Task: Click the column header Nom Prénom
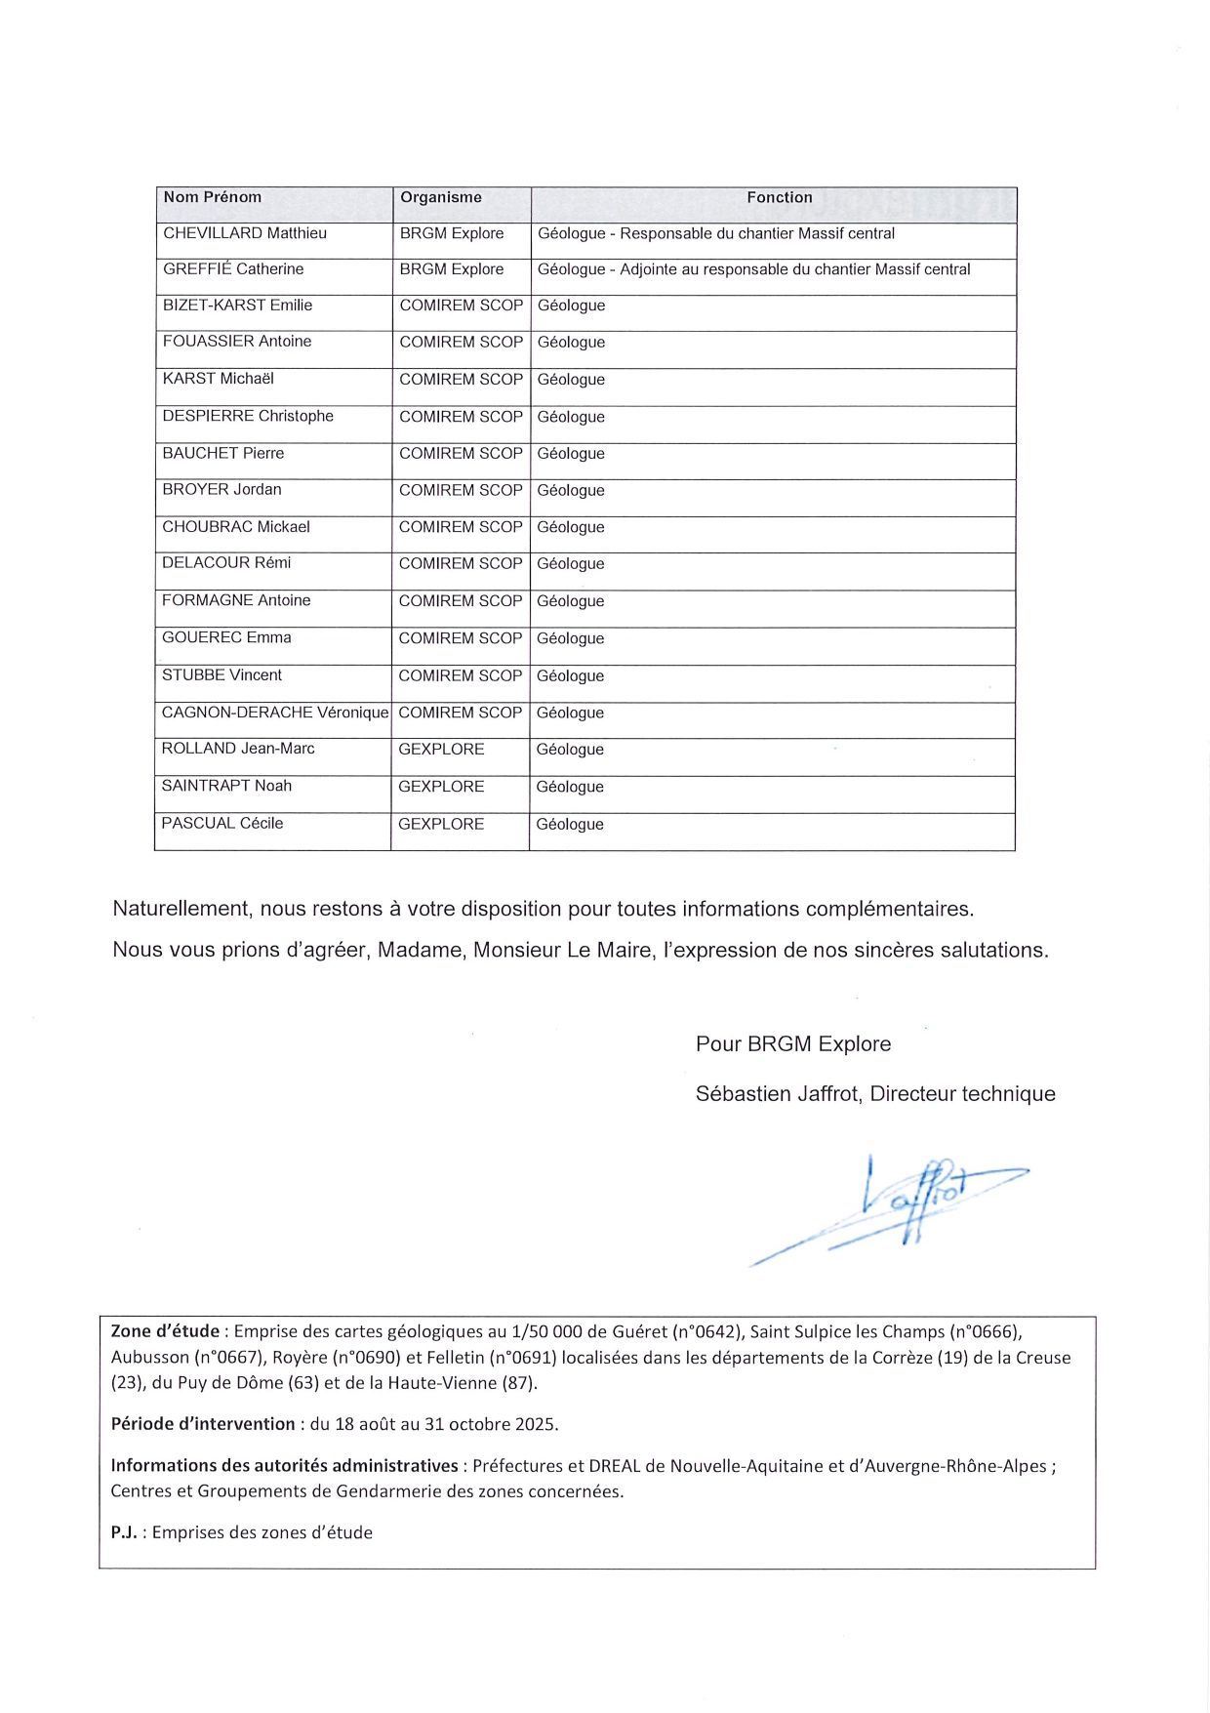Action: pyautogui.click(x=213, y=197)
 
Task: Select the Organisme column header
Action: pyautogui.click(x=441, y=197)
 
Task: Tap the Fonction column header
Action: pyautogui.click(x=779, y=197)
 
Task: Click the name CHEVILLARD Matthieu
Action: pyautogui.click(x=245, y=233)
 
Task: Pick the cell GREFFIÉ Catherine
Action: pyautogui.click(x=233, y=269)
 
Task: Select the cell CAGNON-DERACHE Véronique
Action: pyautogui.click(x=275, y=713)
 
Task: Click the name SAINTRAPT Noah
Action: pyautogui.click(x=226, y=786)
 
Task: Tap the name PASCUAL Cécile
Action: pyautogui.click(x=222, y=823)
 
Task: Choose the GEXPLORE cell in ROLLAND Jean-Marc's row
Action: pyautogui.click(x=441, y=749)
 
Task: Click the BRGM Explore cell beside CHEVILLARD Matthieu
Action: pyautogui.click(x=452, y=233)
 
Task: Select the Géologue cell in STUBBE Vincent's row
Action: pyautogui.click(x=571, y=675)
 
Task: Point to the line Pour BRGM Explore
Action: pyautogui.click(x=793, y=1043)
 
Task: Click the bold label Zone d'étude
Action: pyautogui.click(x=165, y=1331)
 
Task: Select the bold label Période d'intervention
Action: pyautogui.click(x=203, y=1423)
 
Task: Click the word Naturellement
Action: pyautogui.click(x=181, y=909)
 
